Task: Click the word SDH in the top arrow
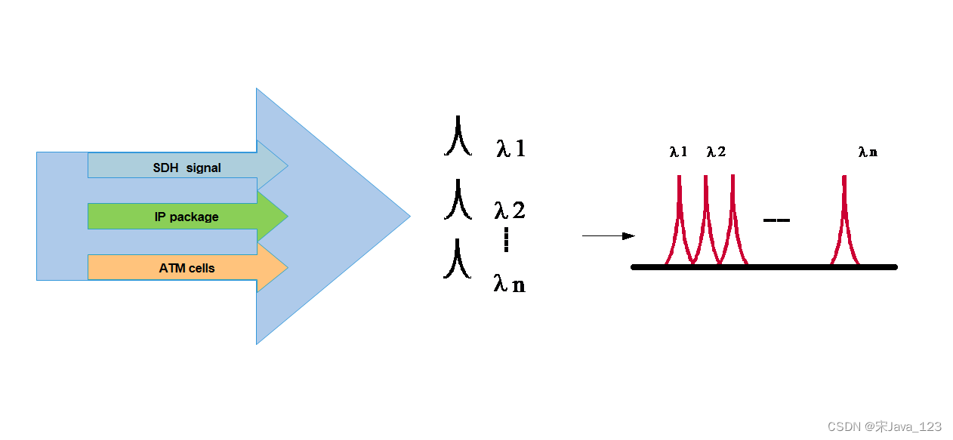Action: pyautogui.click(x=165, y=168)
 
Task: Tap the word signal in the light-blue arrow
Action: pyautogui.click(x=204, y=168)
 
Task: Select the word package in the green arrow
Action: pyautogui.click(x=194, y=217)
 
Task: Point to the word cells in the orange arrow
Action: pyautogui.click(x=202, y=268)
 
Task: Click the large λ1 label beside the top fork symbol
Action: pyautogui.click(x=510, y=149)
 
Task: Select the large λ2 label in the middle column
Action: pyautogui.click(x=509, y=210)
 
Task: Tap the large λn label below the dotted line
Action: pyautogui.click(x=509, y=284)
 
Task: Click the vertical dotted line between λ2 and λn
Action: pyautogui.click(x=506, y=240)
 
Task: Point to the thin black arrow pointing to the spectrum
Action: pyautogui.click(x=608, y=236)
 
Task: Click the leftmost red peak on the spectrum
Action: pyautogui.click(x=679, y=219)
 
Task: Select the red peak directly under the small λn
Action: pyautogui.click(x=844, y=219)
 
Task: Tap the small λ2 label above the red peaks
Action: pyautogui.click(x=716, y=152)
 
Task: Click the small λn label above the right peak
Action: pyautogui.click(x=868, y=152)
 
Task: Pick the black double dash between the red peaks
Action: pyautogui.click(x=776, y=220)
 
